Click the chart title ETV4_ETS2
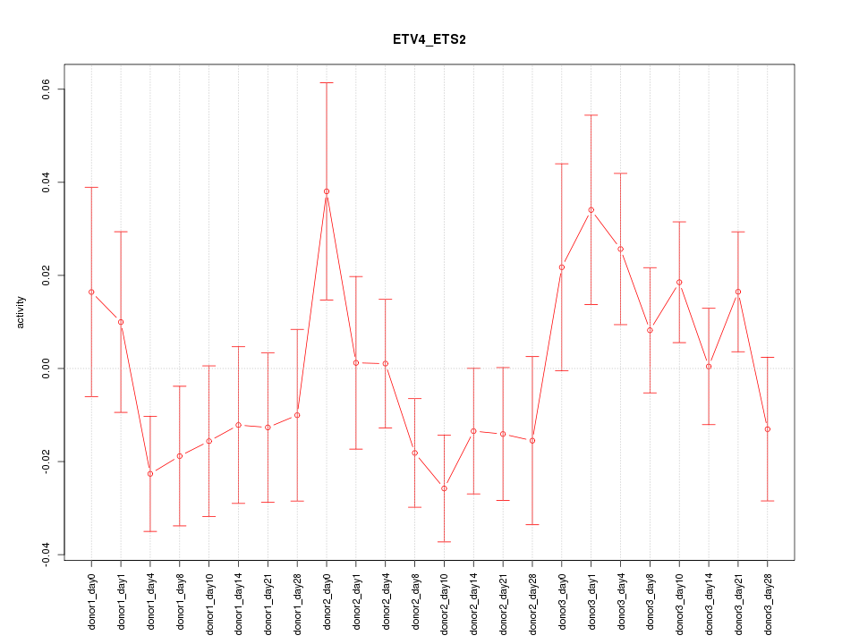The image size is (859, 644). click(429, 39)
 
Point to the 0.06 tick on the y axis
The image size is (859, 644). click(47, 89)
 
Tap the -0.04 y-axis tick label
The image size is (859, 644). click(47, 555)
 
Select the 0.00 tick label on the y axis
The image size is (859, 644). click(47, 369)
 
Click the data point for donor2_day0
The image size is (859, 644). click(327, 191)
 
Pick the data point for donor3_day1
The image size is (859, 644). click(591, 210)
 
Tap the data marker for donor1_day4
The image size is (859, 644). click(150, 473)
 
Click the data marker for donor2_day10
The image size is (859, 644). click(444, 488)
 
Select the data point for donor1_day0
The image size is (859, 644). click(91, 292)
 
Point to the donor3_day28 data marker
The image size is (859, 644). click(767, 429)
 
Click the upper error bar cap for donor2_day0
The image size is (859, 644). click(327, 83)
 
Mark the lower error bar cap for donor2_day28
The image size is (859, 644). click(532, 524)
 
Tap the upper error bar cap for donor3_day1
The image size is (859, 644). click(591, 115)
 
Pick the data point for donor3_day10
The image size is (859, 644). click(679, 282)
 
